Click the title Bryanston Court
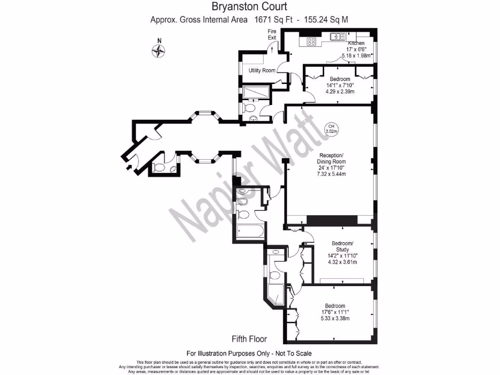click(x=250, y=7)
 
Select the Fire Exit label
click(x=272, y=34)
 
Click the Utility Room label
click(x=262, y=70)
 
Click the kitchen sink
click(x=337, y=36)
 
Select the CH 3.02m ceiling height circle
click(x=332, y=129)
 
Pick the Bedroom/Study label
click(x=342, y=246)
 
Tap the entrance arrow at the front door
click(x=129, y=168)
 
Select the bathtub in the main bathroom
click(x=250, y=231)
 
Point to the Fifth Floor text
click(x=249, y=338)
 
